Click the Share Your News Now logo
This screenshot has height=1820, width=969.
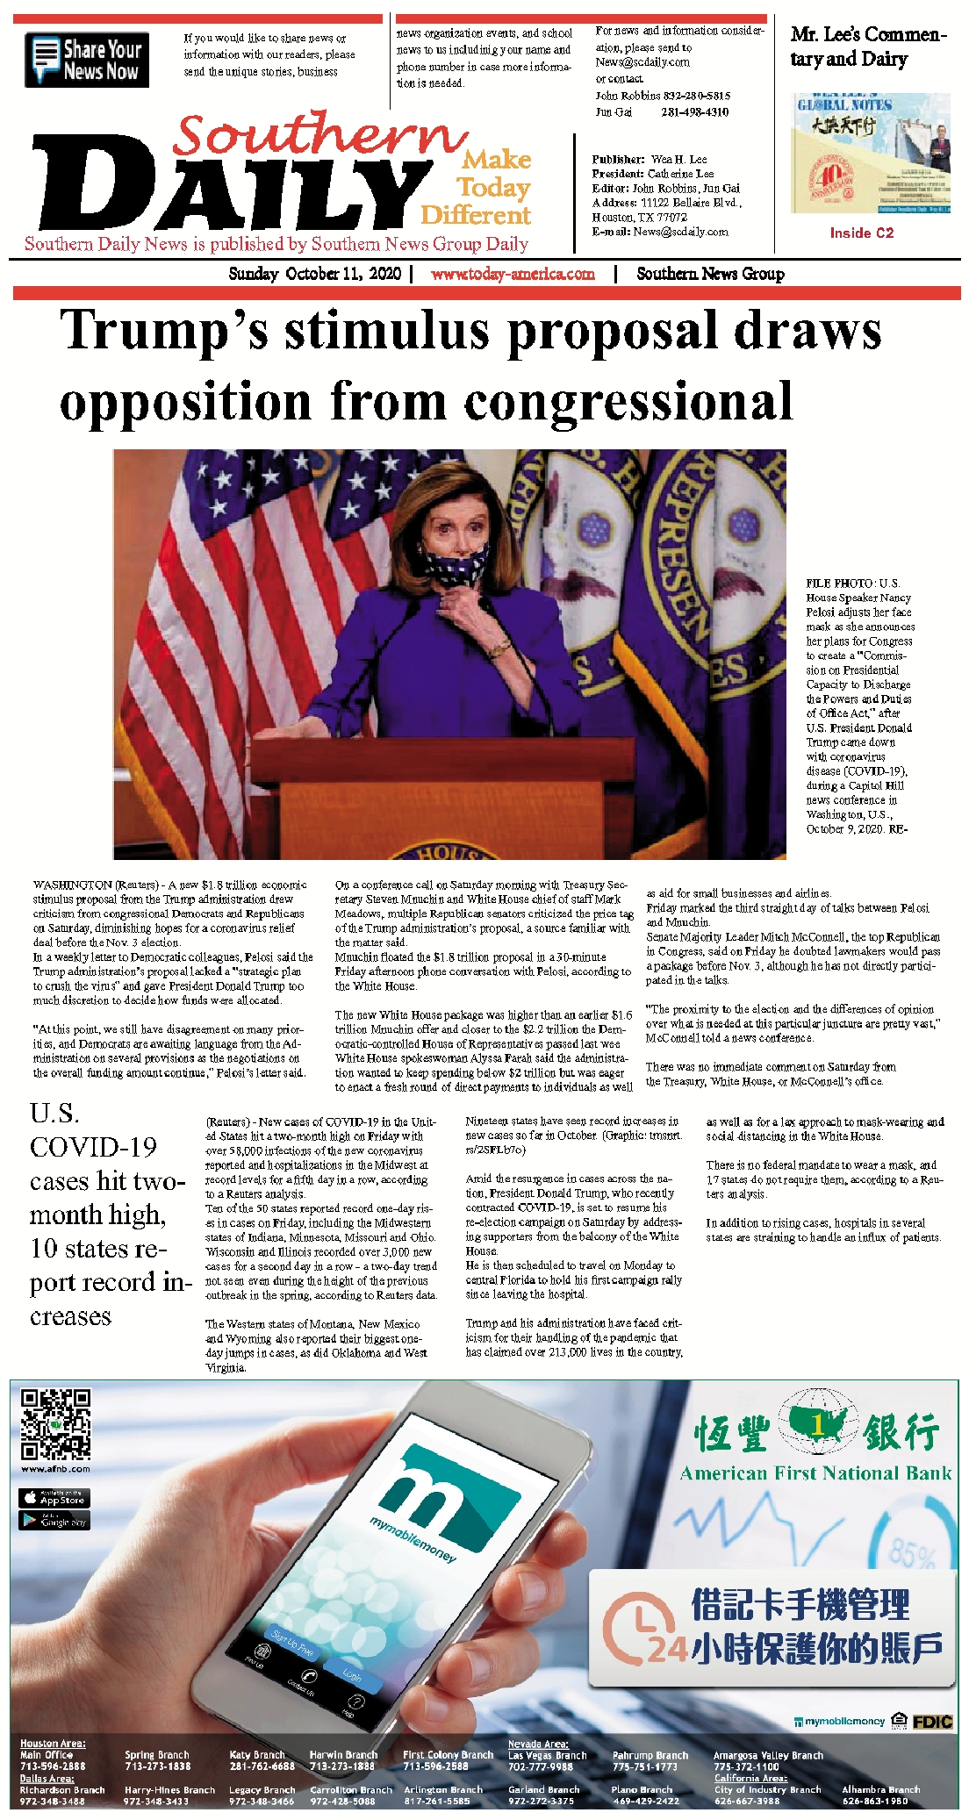[x=87, y=60]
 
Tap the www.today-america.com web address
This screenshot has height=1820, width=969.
[x=513, y=274]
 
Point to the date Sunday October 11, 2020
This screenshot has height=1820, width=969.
[x=314, y=274]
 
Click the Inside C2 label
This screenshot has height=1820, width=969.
[x=861, y=233]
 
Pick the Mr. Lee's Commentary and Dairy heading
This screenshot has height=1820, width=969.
[x=867, y=47]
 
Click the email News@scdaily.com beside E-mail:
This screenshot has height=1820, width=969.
[x=680, y=232]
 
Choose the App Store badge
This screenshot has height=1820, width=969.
[x=54, y=1497]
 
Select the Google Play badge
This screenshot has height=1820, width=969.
[x=54, y=1520]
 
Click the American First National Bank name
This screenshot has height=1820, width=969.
[x=815, y=1473]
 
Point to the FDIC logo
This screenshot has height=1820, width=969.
[x=931, y=1721]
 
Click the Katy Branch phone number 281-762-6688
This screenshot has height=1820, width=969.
[x=262, y=1766]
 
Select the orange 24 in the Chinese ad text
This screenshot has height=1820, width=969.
[x=667, y=1651]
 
